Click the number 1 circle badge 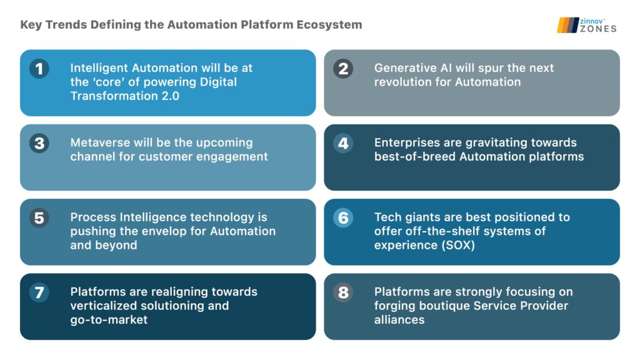point(39,68)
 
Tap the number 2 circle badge point(343,68)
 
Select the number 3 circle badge point(39,143)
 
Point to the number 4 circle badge point(343,143)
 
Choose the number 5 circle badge point(39,217)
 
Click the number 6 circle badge point(343,217)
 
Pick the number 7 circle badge point(39,292)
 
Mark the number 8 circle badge point(343,292)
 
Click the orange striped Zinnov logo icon point(567,24)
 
